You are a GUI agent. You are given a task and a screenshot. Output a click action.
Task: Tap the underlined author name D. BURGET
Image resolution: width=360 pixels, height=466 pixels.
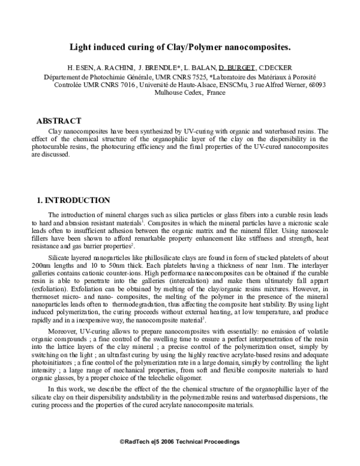[x=240, y=68]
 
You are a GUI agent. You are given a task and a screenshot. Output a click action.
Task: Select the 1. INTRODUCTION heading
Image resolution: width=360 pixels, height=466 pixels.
[x=73, y=200]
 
